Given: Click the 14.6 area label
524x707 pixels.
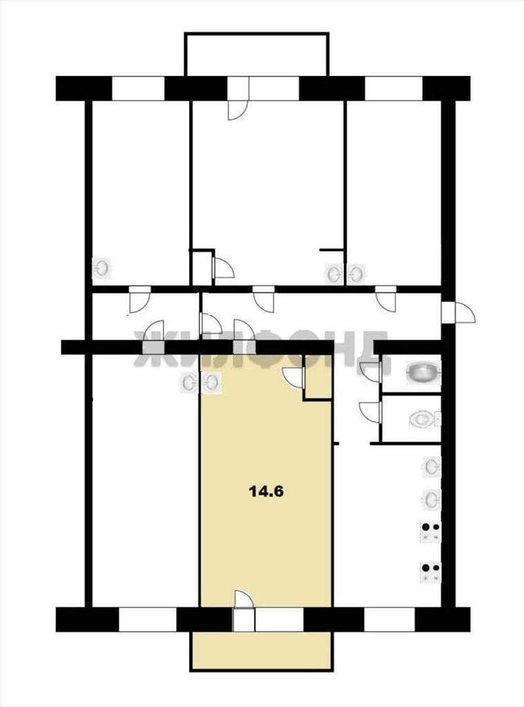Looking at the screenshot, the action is tap(266, 492).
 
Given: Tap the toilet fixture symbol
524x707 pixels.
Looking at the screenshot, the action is tap(425, 419).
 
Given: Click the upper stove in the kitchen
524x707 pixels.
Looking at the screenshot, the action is tap(430, 532).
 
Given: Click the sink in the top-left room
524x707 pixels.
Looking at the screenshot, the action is tap(102, 269).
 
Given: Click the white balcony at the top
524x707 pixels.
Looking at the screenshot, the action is tap(256, 55).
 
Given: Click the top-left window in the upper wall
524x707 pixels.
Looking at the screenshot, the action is tap(138, 88).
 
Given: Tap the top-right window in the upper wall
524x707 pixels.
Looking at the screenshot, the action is tap(394, 88).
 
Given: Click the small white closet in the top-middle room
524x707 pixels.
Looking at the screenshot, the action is tap(201, 267).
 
